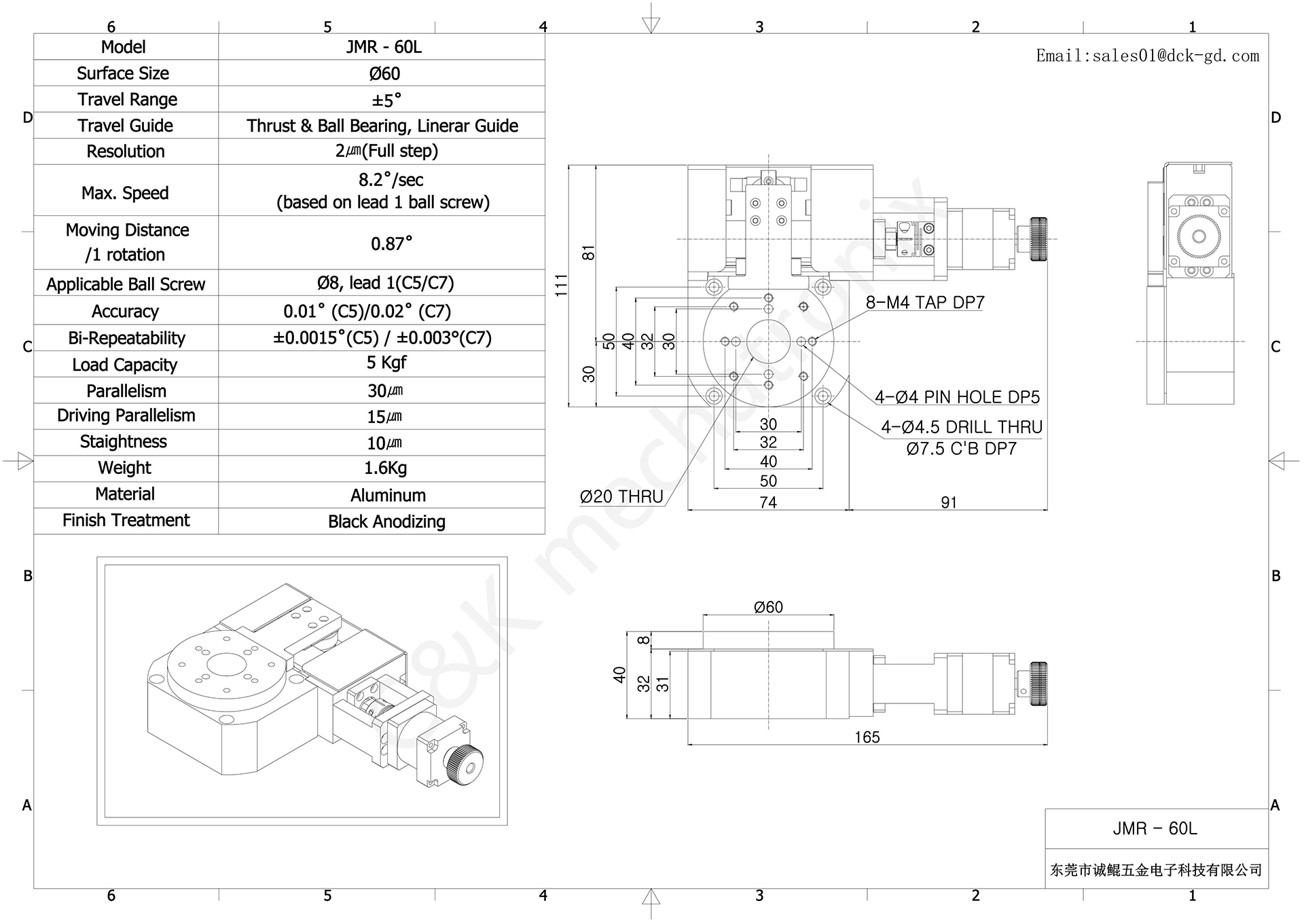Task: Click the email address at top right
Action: point(1147,56)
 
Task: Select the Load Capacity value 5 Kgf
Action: point(386,363)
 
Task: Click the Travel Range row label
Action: point(127,100)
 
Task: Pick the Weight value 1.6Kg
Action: point(385,468)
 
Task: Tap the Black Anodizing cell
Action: point(386,521)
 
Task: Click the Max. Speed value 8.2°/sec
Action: point(391,180)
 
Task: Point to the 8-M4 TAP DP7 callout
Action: point(924,303)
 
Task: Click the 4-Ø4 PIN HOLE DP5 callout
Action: point(956,397)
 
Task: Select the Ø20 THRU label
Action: point(621,497)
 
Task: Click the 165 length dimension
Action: point(867,737)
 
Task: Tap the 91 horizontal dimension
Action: point(949,502)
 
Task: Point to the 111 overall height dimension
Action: point(561,285)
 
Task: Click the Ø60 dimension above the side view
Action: point(768,607)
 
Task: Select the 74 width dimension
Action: point(768,502)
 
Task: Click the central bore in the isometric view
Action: point(225,665)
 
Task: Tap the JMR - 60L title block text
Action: point(1155,828)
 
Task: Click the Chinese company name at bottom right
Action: point(1155,870)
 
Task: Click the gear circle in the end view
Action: point(1199,236)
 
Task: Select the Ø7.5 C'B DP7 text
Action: point(961,449)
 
